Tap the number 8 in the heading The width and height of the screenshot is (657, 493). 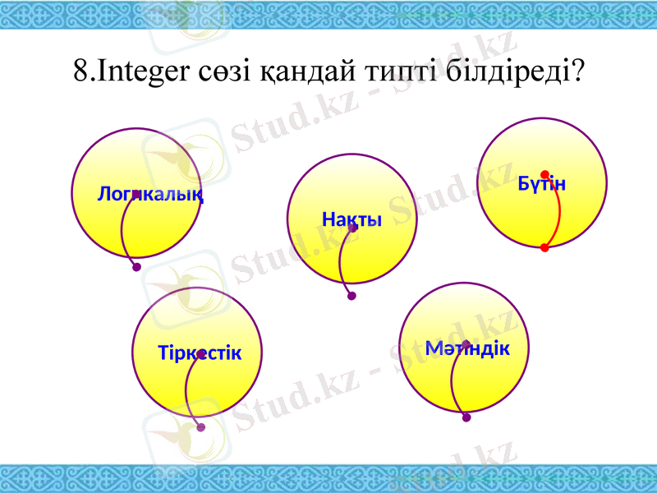80,71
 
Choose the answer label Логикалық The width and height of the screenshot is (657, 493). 150,195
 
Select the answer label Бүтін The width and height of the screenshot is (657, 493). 542,183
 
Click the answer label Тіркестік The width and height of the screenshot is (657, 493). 200,353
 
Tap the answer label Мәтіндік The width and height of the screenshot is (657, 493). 467,348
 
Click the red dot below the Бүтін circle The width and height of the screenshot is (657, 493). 544,247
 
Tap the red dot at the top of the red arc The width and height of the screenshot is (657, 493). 544,174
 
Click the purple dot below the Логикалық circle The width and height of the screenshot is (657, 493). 136,267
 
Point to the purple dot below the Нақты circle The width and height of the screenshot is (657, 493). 351,297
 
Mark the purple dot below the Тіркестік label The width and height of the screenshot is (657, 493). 201,427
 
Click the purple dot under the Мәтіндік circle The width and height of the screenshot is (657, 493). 466,417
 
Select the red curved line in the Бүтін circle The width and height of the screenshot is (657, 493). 559,212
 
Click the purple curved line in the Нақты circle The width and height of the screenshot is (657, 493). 340,263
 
